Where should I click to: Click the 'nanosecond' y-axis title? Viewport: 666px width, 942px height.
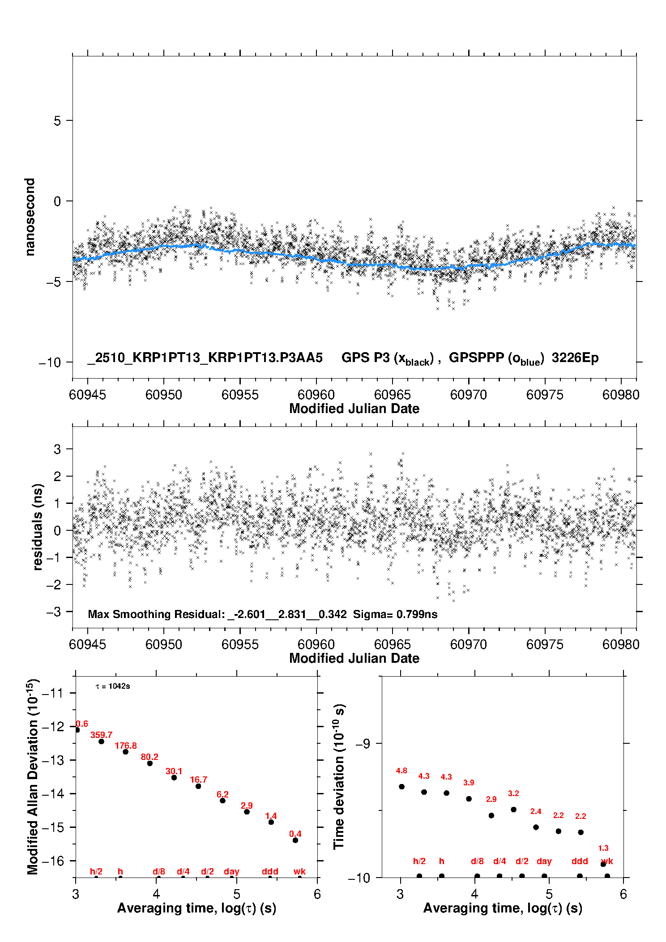point(30,217)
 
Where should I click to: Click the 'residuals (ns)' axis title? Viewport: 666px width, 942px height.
point(38,527)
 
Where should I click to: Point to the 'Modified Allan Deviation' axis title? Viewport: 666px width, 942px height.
point(33,776)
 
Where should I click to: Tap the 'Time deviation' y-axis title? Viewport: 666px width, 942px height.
point(339,776)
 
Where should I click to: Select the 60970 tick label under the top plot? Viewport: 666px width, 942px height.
point(468,395)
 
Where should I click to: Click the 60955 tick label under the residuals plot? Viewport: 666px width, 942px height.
point(240,644)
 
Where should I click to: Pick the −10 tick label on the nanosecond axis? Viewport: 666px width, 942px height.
point(50,362)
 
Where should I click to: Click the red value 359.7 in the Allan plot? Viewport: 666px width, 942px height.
point(101,735)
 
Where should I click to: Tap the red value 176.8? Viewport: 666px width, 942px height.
point(126,746)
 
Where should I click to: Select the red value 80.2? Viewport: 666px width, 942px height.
point(149,757)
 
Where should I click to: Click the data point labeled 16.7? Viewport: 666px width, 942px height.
point(198,786)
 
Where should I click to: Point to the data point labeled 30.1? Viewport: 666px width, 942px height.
point(174,777)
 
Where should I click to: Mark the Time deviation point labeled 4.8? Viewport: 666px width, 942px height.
point(401,787)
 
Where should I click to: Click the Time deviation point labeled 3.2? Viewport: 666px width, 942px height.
point(513,810)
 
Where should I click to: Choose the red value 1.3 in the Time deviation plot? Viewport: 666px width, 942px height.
point(603,848)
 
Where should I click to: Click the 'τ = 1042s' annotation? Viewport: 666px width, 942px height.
point(113,686)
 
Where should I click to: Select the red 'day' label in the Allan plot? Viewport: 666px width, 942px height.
point(231,871)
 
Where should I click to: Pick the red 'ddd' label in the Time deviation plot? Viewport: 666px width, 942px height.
point(580,861)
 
